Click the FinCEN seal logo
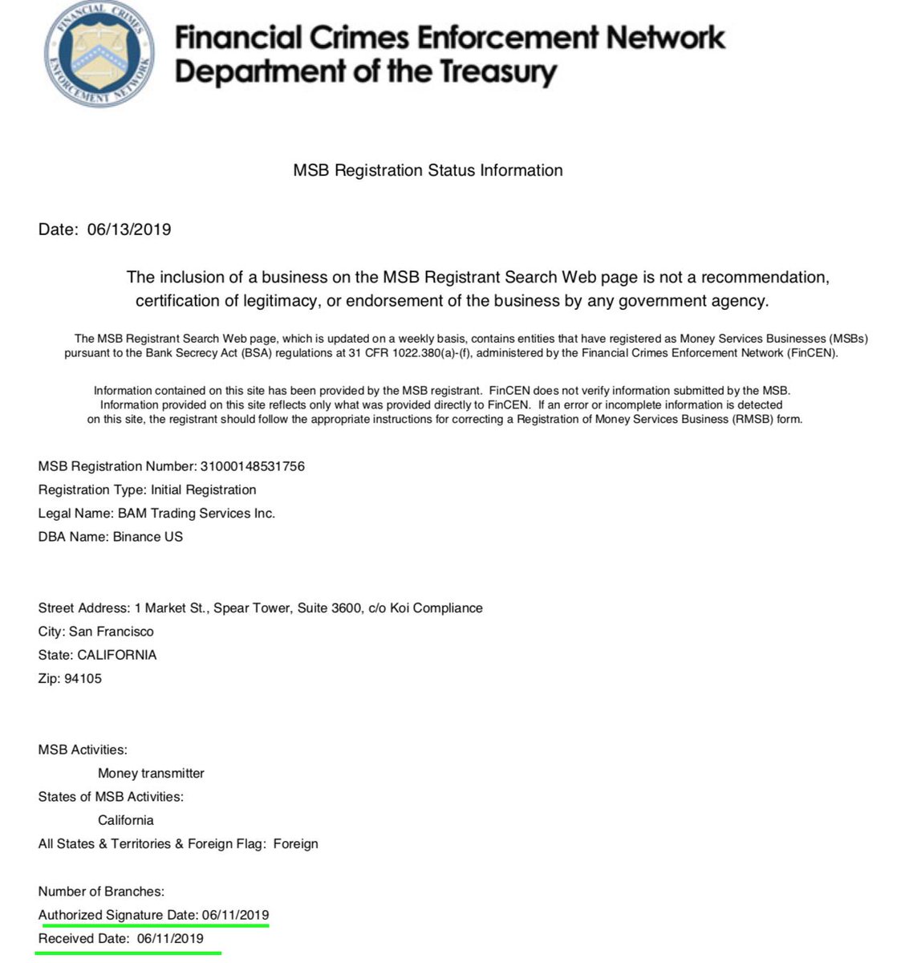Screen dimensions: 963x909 (99, 54)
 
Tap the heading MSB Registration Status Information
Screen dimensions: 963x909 (428, 170)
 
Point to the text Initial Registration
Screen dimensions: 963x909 (203, 490)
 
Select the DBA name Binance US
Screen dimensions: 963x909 (146, 537)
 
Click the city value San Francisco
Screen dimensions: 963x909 (112, 632)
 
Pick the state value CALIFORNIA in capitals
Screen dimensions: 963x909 (117, 655)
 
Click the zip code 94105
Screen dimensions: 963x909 (83, 679)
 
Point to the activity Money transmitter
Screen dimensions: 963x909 (151, 774)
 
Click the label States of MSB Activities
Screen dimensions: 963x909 (111, 797)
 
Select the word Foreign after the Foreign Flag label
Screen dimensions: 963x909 (295, 844)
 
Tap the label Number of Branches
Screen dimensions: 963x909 (101, 892)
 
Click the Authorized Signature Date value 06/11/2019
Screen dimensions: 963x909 (235, 915)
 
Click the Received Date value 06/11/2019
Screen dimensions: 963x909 (170, 939)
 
